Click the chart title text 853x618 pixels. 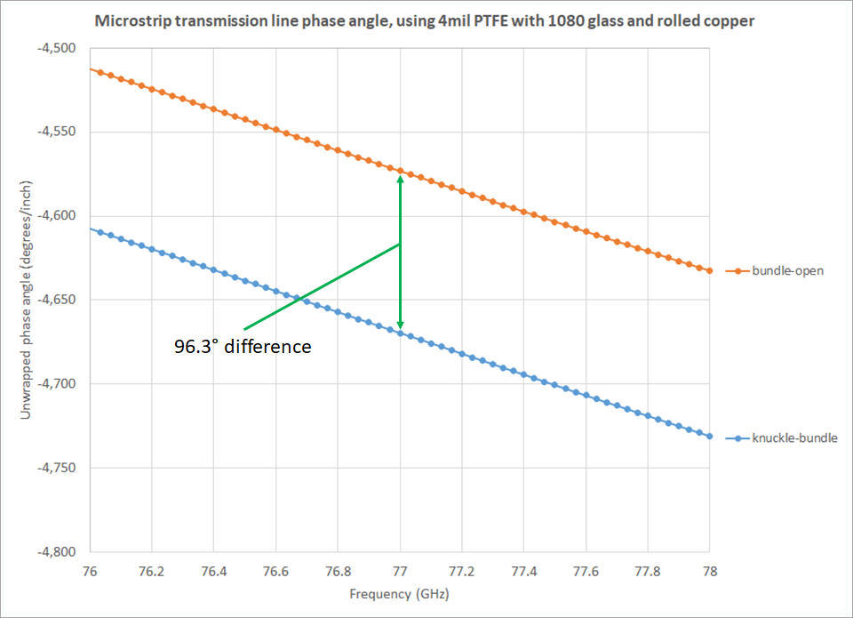click(426, 20)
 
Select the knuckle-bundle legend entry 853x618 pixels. click(782, 437)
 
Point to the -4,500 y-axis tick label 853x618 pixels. click(56, 48)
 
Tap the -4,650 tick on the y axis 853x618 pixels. click(56, 300)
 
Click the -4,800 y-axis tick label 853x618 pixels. click(56, 551)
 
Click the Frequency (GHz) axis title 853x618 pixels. click(399, 594)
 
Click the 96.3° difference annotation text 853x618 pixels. click(243, 346)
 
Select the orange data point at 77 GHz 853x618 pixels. click(400, 170)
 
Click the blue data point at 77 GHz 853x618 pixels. click(400, 333)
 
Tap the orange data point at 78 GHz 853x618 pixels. click(710, 270)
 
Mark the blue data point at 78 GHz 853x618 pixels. click(710, 437)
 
